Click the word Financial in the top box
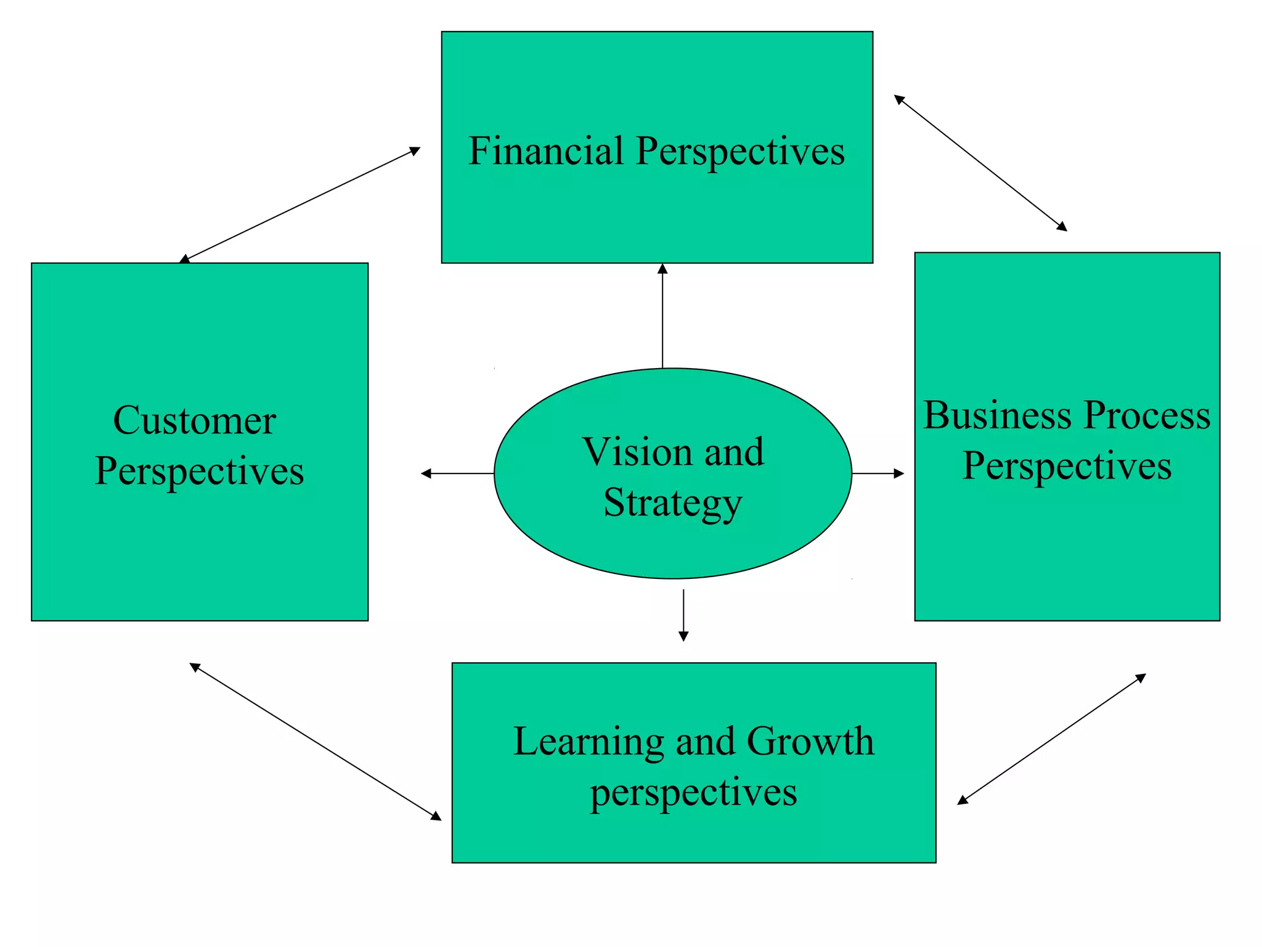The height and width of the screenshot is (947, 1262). [x=546, y=151]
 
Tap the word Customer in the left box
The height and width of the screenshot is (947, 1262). [x=195, y=420]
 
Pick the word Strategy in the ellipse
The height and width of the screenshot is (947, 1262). [x=672, y=503]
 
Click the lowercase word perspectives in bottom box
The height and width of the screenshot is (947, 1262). [x=694, y=793]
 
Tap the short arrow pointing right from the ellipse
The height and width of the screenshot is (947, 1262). [x=877, y=473]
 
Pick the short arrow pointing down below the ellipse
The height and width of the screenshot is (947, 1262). [x=683, y=615]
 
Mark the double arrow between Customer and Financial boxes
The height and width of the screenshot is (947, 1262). [x=299, y=205]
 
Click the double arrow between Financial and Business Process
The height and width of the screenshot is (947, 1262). [x=980, y=163]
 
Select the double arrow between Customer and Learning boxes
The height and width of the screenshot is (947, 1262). [x=315, y=742]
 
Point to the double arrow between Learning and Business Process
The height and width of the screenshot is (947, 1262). [x=1051, y=739]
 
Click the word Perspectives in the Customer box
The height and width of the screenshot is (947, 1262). [x=200, y=472]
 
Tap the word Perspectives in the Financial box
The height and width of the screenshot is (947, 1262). [x=740, y=151]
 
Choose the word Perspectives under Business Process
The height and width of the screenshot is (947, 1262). [x=1067, y=466]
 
